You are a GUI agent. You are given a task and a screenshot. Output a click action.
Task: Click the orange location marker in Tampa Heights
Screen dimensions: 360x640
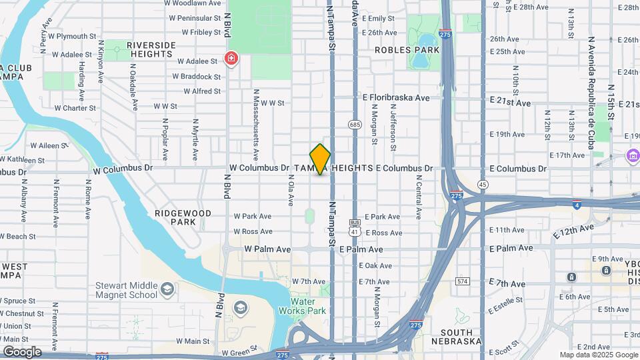pyautogui.click(x=320, y=159)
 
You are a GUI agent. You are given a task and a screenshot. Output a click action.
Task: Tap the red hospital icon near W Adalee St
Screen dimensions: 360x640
pyautogui.click(x=231, y=59)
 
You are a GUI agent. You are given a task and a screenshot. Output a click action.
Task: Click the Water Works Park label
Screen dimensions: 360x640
pyautogui.click(x=307, y=306)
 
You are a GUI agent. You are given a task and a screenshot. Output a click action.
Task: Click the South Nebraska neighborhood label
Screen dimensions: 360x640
pyautogui.click(x=457, y=337)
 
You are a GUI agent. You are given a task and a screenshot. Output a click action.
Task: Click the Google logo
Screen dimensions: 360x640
pyautogui.click(x=22, y=352)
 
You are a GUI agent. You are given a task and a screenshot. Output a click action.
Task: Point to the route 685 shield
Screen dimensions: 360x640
pyautogui.click(x=355, y=124)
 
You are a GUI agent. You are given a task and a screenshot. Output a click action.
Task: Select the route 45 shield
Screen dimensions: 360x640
pyautogui.click(x=482, y=183)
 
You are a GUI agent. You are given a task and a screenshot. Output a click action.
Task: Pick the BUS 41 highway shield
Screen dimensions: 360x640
pyautogui.click(x=355, y=227)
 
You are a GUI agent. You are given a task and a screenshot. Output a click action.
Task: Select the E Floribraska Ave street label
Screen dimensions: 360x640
pyautogui.click(x=396, y=97)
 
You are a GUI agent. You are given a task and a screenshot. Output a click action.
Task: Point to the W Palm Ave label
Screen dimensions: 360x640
pyautogui.click(x=267, y=249)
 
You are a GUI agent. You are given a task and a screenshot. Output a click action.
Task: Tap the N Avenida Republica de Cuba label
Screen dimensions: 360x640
pyautogui.click(x=590, y=83)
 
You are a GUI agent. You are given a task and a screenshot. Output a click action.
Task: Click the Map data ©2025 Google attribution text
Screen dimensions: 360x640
pyautogui.click(x=598, y=355)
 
